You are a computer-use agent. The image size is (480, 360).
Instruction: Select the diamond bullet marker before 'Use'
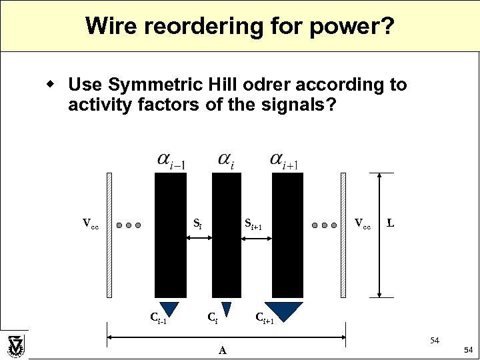[50, 85]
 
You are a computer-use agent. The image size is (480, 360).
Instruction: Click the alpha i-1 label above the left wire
[171, 160]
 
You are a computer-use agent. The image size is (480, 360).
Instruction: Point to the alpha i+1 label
[284, 160]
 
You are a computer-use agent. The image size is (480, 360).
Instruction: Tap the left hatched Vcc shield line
[109, 235]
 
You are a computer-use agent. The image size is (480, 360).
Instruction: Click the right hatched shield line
[343, 235]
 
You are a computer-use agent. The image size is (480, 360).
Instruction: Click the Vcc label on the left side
[90, 223]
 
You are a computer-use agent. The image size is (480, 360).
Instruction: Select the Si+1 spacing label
[253, 225]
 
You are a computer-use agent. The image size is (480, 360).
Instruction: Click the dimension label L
[391, 223]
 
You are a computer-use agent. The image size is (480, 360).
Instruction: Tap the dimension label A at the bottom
[223, 350]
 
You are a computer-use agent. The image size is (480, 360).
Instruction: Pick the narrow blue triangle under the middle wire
[226, 309]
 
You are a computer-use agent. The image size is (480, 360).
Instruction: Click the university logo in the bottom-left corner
[15, 346]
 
